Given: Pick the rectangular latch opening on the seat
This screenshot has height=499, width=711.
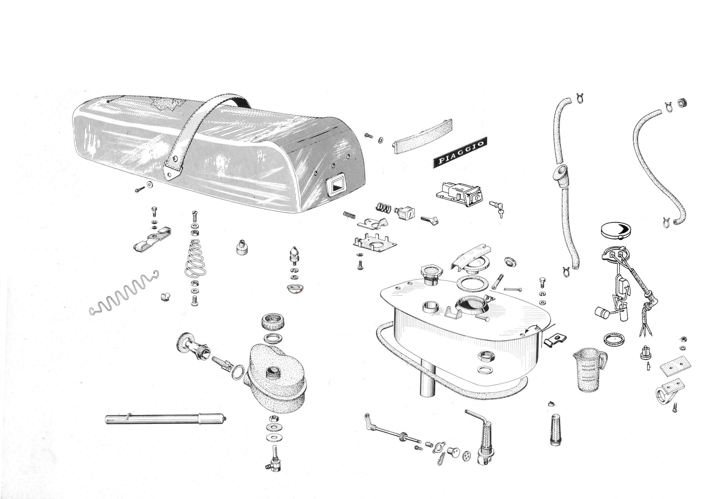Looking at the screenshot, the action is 335,186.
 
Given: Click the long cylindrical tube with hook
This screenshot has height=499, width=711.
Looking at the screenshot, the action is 166,419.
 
